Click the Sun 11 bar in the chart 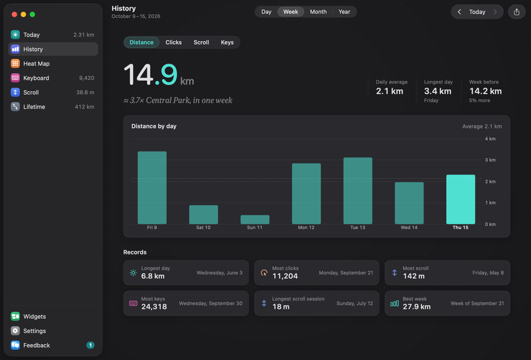[255, 219]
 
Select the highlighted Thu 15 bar [461, 199]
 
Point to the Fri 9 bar [152, 187]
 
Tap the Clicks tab [173, 43]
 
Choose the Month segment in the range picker [319, 12]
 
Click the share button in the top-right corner [516, 12]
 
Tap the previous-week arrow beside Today [459, 12]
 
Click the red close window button [14, 14]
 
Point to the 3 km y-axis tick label [490, 160]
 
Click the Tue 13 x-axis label [358, 227]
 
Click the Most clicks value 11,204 [285, 276]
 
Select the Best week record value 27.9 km [417, 307]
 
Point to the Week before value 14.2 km [485, 91]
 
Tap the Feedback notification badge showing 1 [90, 345]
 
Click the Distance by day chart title [154, 126]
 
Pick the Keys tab [227, 43]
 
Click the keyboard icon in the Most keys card [133, 304]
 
